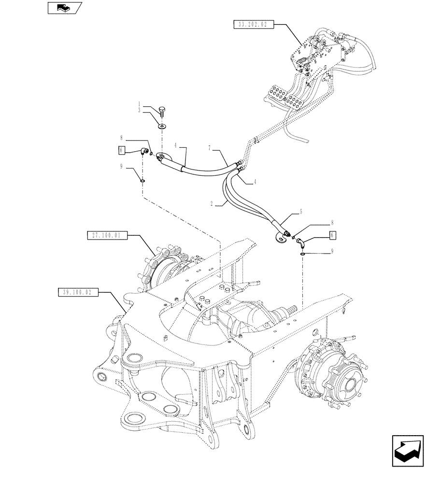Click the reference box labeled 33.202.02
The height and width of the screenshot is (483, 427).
[254, 25]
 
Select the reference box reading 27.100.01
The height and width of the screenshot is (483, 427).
[106, 236]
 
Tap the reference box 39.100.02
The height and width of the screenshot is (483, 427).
[77, 292]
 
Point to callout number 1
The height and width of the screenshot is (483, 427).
[139, 104]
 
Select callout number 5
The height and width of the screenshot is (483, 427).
[301, 211]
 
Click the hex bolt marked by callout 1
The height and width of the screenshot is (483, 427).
[162, 112]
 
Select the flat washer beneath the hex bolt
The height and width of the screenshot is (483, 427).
[162, 127]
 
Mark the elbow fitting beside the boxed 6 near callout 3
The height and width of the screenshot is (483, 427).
[143, 152]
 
